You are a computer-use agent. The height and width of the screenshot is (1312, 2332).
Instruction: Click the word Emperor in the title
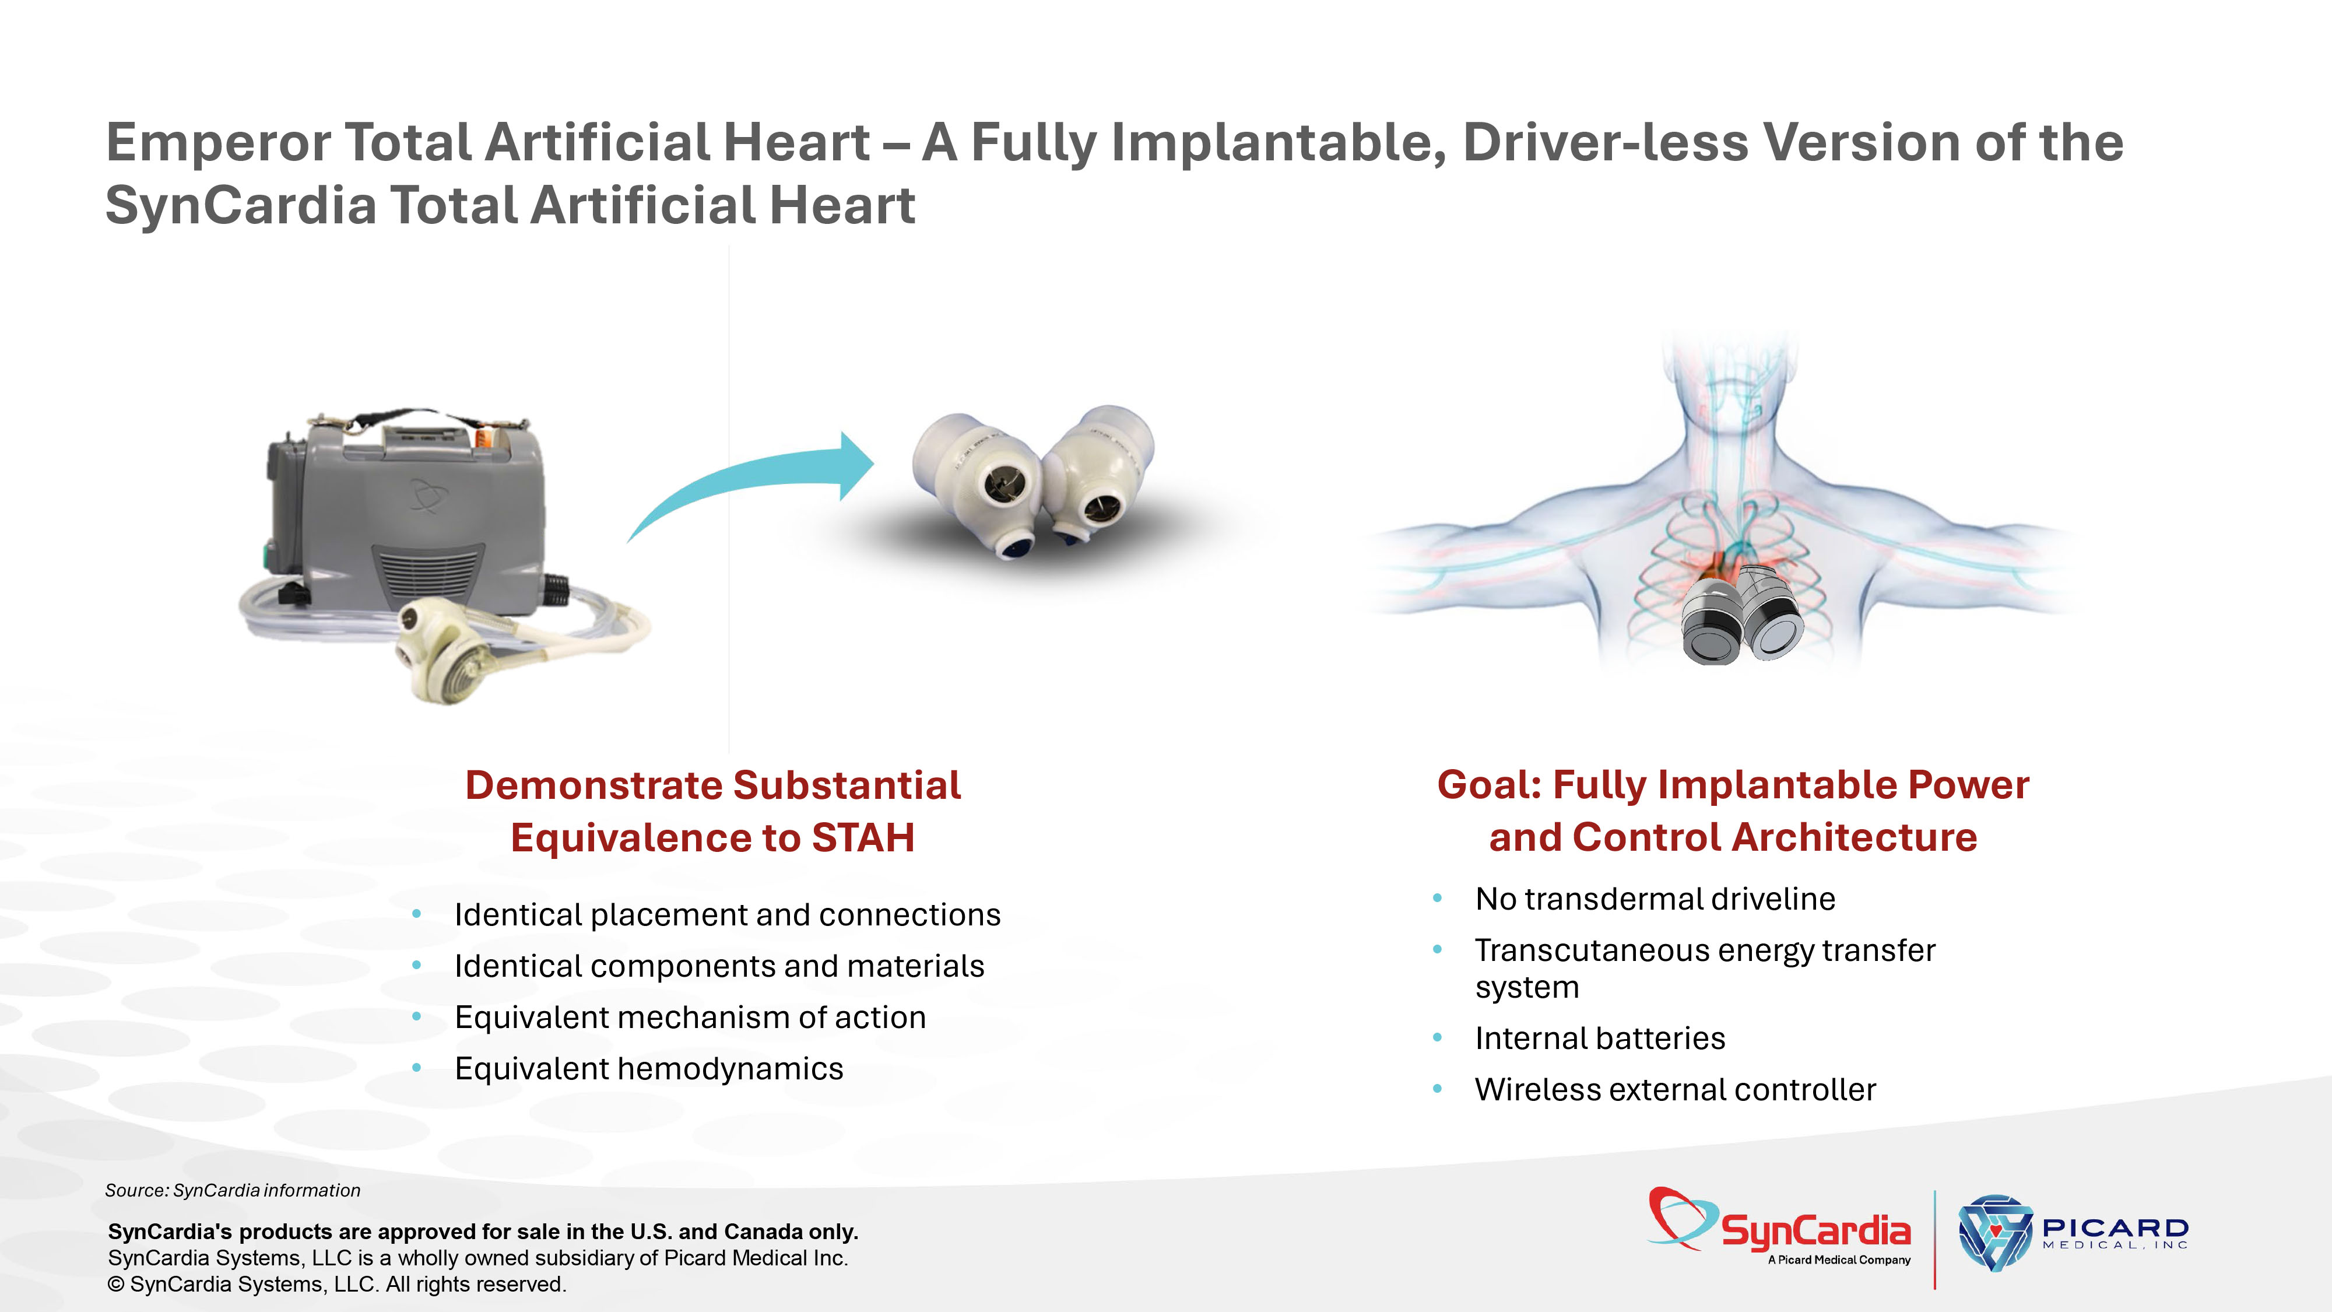tap(218, 143)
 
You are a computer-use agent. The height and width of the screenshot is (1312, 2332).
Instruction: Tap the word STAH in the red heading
tap(863, 837)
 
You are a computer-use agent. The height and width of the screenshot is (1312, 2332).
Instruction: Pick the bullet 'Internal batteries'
tap(1600, 1039)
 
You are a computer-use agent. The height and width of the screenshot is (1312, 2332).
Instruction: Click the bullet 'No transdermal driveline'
tap(1655, 899)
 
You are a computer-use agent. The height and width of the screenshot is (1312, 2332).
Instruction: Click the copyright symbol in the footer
tap(116, 1285)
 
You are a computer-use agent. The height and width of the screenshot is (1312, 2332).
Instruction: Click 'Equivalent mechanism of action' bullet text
tap(690, 1018)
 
